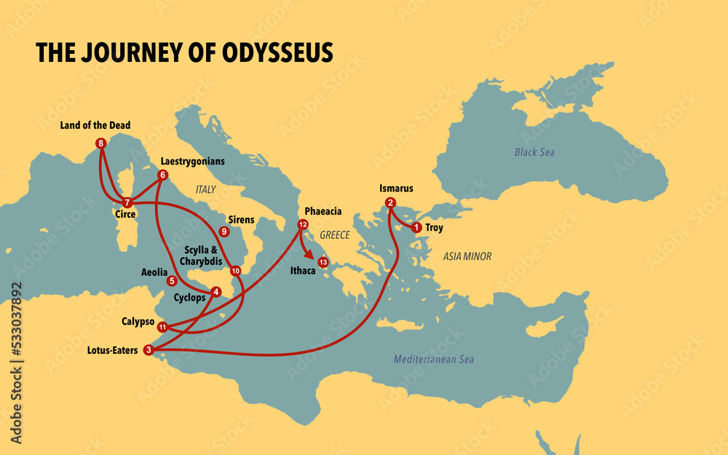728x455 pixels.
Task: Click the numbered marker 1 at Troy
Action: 416,228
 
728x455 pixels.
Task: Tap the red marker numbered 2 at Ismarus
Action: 391,202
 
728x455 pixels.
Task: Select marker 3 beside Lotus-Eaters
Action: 149,350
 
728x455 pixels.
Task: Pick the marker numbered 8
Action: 100,143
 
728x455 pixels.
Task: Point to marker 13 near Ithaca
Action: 323,261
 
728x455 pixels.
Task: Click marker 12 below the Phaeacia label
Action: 303,224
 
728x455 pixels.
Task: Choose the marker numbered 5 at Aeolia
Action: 172,280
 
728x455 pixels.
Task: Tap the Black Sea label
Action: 534,152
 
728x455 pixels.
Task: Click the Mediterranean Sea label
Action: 433,359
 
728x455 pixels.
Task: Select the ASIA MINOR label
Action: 467,256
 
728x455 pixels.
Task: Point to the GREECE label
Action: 335,235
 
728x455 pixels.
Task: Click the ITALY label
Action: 206,189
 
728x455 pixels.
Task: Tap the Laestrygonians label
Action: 191,161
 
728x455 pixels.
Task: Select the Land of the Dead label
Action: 95,125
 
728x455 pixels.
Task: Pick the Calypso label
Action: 138,320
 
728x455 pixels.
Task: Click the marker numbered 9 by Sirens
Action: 224,232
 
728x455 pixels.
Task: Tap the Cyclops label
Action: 189,298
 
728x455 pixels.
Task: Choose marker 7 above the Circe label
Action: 127,202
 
